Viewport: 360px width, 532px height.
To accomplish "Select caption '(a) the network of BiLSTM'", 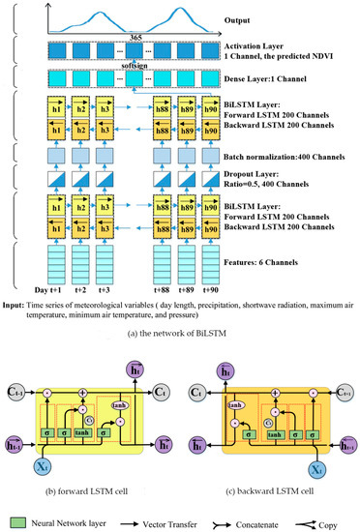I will click(180, 341).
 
